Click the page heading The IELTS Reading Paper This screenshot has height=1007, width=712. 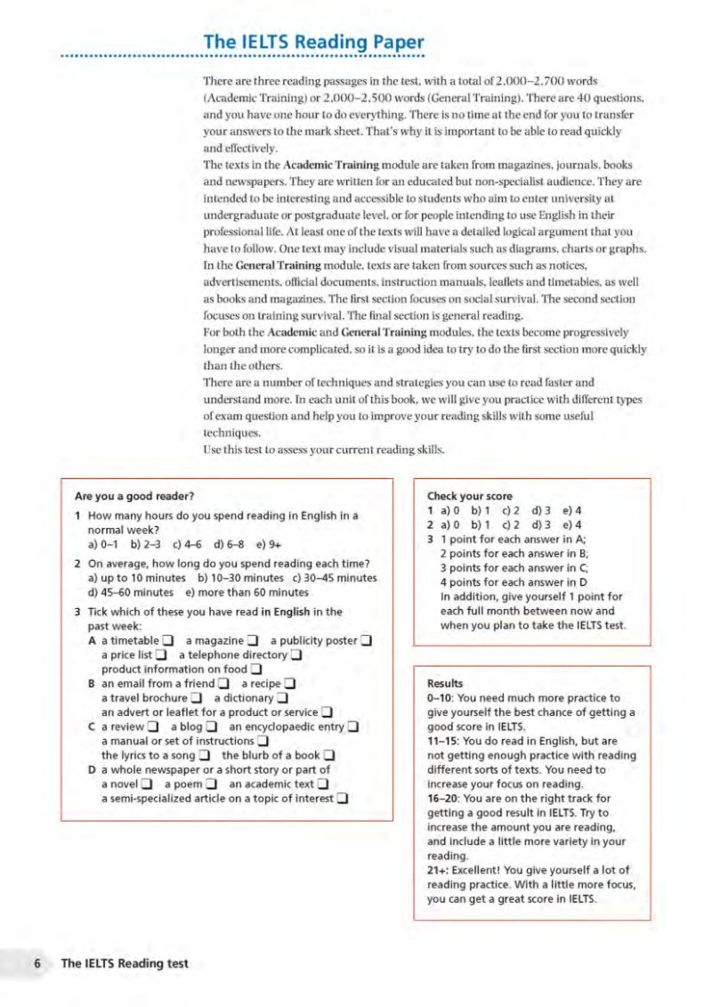click(x=313, y=42)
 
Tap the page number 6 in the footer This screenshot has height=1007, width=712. click(x=37, y=963)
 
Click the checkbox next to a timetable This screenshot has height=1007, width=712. click(x=166, y=641)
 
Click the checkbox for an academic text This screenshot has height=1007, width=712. click(x=323, y=784)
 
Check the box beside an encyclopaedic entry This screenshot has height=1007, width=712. click(x=352, y=727)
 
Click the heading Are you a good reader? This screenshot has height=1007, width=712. click(x=135, y=496)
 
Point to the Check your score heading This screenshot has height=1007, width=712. click(x=469, y=496)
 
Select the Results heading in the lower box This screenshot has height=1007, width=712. click(x=446, y=684)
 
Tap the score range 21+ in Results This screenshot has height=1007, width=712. click(x=440, y=870)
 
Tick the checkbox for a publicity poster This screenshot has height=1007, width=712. click(x=366, y=641)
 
